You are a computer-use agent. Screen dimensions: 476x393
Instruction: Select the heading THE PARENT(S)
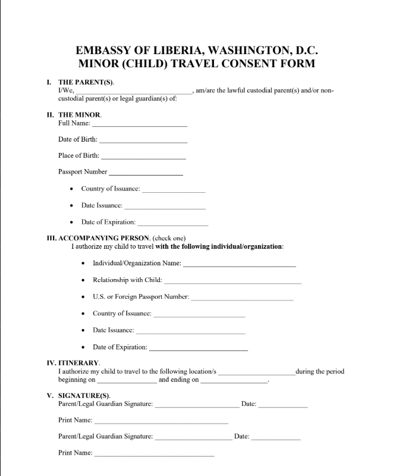tap(86, 82)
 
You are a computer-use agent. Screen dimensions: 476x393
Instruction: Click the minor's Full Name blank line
tap(140, 124)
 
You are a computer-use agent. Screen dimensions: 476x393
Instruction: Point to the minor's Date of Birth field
tap(143, 140)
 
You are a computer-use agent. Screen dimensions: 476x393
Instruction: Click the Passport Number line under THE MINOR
tap(146, 173)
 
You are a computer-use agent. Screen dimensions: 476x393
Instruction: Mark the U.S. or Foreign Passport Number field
tap(242, 297)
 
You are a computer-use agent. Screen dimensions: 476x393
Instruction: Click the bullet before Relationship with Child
tap(82, 280)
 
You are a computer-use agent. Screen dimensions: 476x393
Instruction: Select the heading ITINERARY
tap(79, 362)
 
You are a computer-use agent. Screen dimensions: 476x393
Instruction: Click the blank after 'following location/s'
tap(256, 372)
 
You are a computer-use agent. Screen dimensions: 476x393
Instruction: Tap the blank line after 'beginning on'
tap(127, 381)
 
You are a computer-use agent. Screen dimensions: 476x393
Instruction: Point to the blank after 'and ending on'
tap(234, 381)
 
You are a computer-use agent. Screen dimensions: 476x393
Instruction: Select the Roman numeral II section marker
tap(50, 115)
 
